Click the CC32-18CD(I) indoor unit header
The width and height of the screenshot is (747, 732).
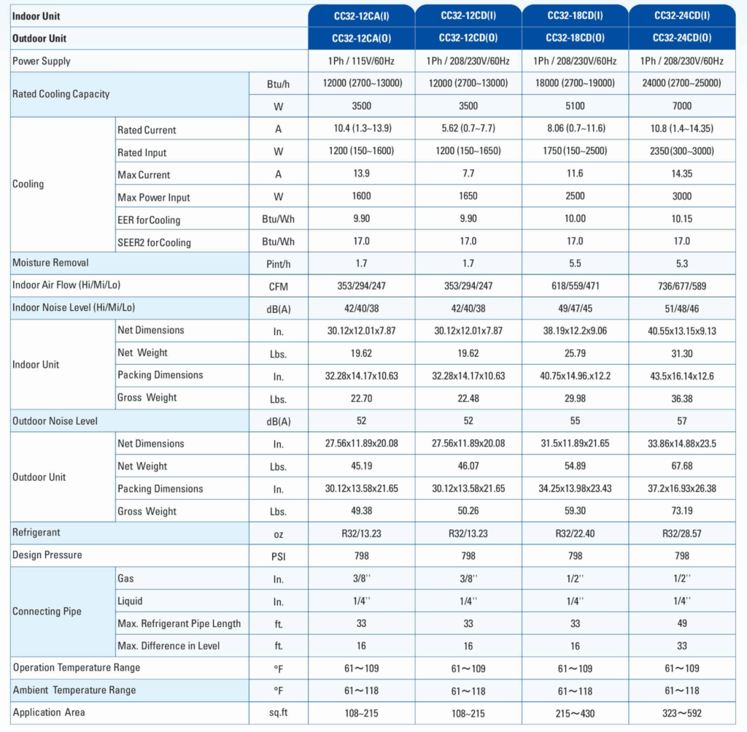[575, 16]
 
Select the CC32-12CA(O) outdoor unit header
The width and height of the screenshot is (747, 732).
[362, 38]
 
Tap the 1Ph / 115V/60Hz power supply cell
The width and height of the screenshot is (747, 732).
[361, 61]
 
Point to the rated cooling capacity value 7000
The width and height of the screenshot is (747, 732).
[682, 106]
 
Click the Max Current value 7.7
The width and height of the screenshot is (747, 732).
[468, 174]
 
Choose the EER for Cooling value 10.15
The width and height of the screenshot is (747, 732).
[682, 219]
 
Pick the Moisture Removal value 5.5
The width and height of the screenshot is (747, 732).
[575, 263]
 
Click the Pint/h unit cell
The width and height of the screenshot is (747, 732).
[278, 264]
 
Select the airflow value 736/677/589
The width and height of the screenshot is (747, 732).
[682, 286]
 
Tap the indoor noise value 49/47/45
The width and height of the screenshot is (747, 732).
[575, 308]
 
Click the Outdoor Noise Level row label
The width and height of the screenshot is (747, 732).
[55, 421]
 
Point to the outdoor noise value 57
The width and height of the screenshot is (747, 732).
[682, 421]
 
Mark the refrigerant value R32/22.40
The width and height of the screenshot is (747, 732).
[575, 533]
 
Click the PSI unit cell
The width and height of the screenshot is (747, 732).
[278, 556]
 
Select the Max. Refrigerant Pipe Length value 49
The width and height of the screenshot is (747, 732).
[682, 623]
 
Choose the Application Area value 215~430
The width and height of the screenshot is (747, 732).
[575, 714]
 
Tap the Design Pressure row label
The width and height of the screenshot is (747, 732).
[47, 555]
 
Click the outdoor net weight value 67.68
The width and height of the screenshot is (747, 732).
[682, 466]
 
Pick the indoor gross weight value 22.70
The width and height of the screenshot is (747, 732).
[362, 398]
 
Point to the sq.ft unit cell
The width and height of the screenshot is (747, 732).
[278, 712]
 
